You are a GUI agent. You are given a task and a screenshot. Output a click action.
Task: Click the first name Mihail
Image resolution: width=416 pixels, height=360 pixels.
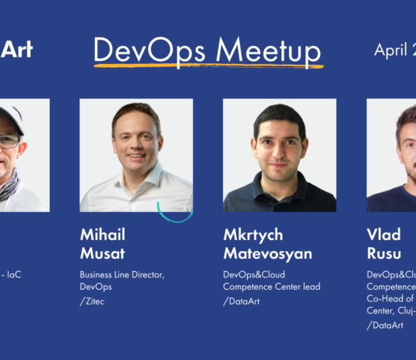click(x=102, y=235)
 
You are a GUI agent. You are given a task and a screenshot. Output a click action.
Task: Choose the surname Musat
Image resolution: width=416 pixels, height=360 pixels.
click(x=103, y=254)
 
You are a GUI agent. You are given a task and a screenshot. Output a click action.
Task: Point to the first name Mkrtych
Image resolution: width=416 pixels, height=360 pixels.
click(x=254, y=235)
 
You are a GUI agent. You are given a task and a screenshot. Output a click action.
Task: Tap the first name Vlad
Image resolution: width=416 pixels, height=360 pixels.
click(x=383, y=235)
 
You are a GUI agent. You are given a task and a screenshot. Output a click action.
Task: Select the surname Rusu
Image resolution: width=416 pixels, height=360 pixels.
click(x=385, y=254)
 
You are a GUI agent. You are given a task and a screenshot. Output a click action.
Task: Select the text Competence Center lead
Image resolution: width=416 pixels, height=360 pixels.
click(x=271, y=287)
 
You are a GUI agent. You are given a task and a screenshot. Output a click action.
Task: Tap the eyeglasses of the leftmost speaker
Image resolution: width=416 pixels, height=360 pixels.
click(x=9, y=141)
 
